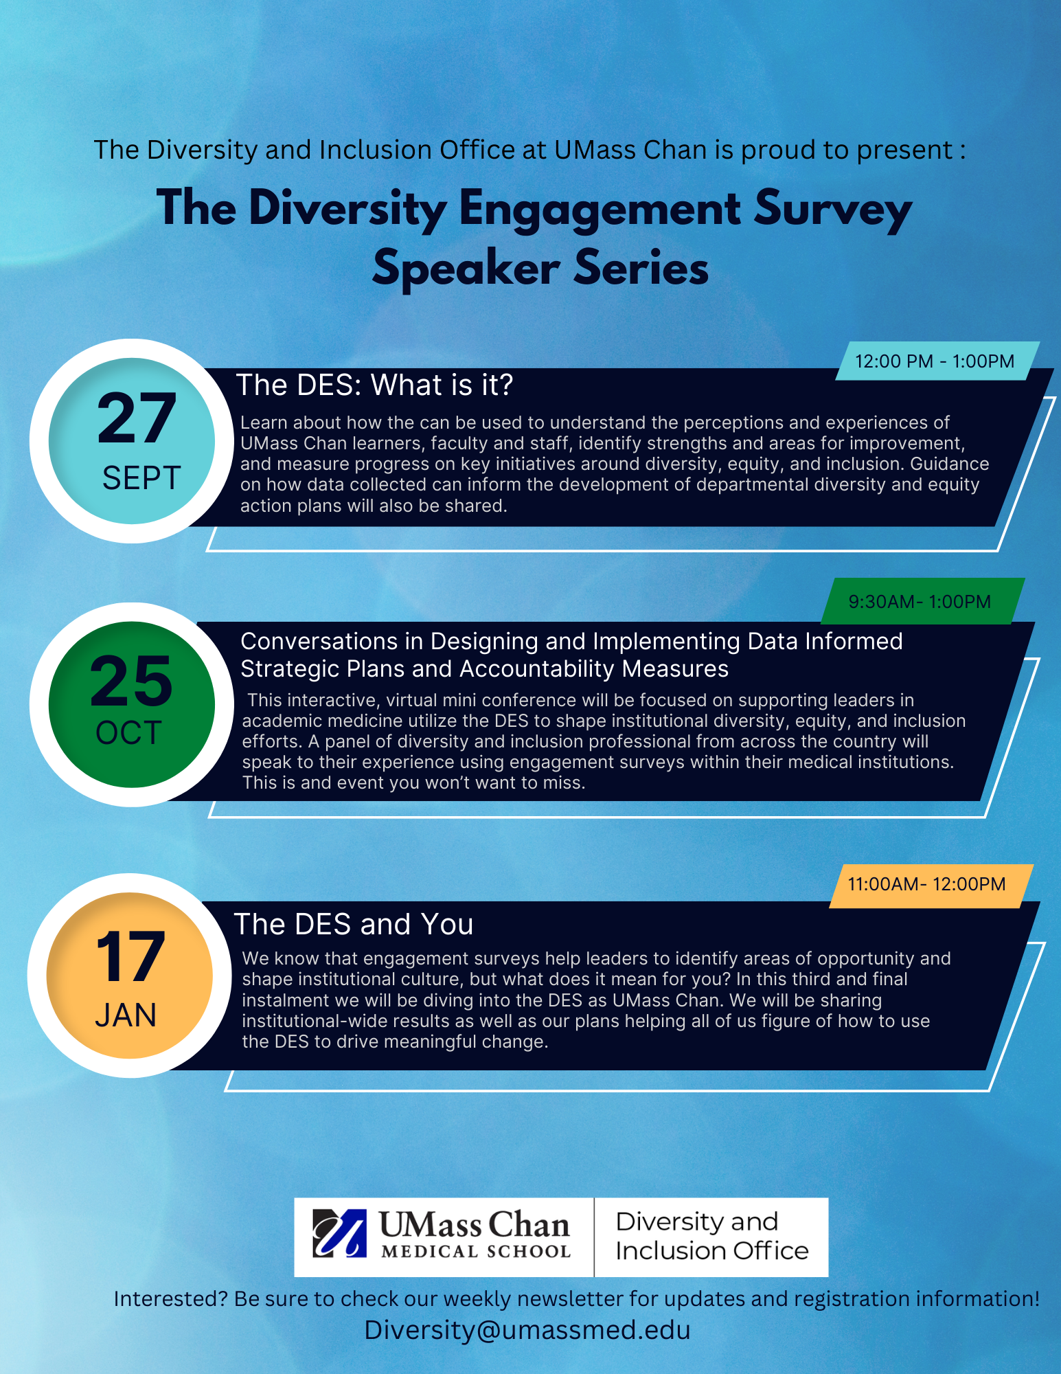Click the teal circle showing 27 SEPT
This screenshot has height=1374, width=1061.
point(132,441)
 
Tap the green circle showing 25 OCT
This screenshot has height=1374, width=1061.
point(132,704)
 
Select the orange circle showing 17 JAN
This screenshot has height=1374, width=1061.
point(130,976)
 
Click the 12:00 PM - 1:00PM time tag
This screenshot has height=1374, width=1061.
point(935,361)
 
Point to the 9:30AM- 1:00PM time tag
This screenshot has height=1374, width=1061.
point(920,602)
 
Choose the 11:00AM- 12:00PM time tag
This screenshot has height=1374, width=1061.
point(927,884)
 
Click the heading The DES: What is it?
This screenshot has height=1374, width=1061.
point(374,385)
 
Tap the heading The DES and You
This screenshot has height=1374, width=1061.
point(354,925)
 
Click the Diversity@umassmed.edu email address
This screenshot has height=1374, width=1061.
point(527,1330)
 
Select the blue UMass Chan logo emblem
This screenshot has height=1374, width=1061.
point(339,1233)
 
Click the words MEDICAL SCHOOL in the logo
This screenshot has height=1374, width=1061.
point(476,1252)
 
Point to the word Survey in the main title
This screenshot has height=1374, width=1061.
point(832,210)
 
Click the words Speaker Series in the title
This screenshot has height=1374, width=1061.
point(540,268)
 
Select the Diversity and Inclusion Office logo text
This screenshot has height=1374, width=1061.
point(711,1237)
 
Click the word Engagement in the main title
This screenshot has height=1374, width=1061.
point(600,210)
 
